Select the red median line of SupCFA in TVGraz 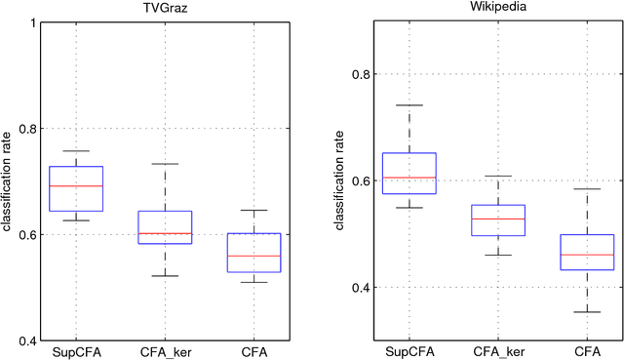tap(76, 185)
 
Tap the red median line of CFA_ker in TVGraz tap(165, 233)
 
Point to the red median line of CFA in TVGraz tap(253, 256)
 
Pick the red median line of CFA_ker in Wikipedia tap(498, 219)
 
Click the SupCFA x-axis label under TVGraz tap(76, 352)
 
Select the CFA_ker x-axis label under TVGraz tap(165, 352)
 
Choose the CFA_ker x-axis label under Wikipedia tap(498, 352)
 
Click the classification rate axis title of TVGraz tap(7, 181)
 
